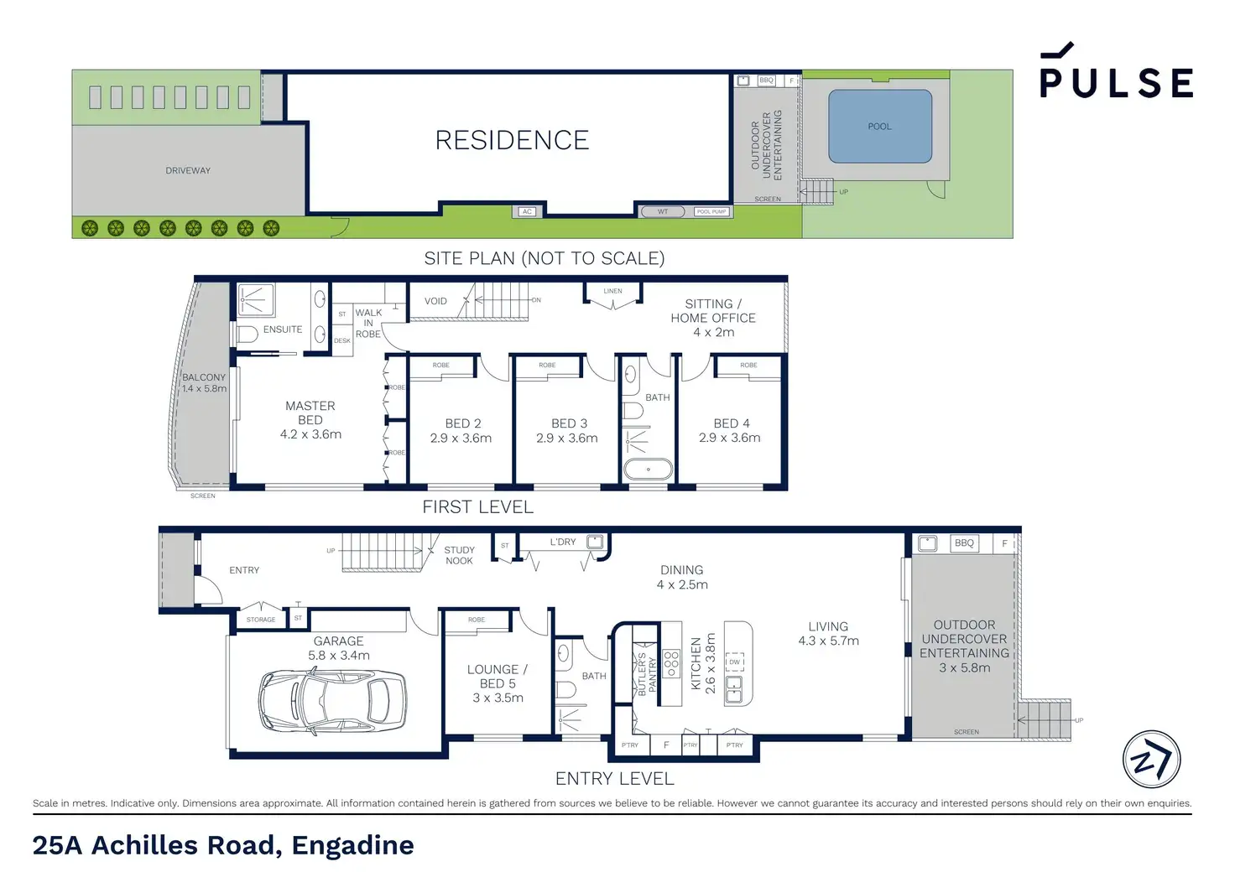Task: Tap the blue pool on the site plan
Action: (880, 126)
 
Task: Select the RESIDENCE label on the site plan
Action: (512, 140)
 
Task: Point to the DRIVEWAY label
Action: (188, 170)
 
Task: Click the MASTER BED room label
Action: (310, 419)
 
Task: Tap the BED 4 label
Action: (730, 430)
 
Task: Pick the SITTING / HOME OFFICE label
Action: (713, 318)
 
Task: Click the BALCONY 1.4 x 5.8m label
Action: (204, 383)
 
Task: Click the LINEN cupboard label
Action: (613, 291)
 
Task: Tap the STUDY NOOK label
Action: (459, 555)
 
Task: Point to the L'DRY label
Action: (563, 542)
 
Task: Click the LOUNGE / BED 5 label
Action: (498, 683)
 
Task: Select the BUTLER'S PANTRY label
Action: (647, 673)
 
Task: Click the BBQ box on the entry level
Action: (964, 542)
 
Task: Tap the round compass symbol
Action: (1151, 759)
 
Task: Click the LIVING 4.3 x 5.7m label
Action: (828, 633)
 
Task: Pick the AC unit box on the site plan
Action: (527, 211)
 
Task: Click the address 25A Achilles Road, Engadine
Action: (223, 845)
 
